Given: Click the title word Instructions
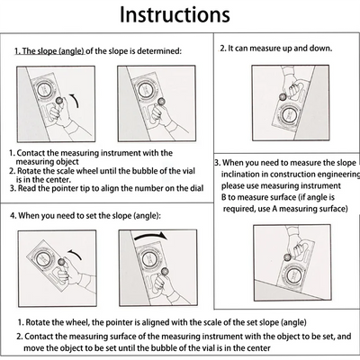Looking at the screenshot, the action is pos(175,14).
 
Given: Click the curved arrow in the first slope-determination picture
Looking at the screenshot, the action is pos(76,100).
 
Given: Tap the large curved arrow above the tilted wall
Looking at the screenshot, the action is pos(151,236).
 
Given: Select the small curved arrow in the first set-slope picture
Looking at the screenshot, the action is pos(76,254).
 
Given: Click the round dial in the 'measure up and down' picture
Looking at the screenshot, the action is pos(289,114).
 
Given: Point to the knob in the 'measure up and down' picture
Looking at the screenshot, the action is pos(283,96).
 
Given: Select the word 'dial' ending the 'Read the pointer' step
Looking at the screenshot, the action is pos(197,188).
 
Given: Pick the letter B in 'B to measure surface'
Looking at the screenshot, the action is pos(224,197).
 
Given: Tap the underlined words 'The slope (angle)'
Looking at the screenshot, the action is pos(49,51).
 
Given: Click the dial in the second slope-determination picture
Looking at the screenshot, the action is pos(147,89).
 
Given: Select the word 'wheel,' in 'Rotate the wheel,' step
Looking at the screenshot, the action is pos(79,322).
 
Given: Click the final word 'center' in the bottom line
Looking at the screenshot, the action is pos(258,348).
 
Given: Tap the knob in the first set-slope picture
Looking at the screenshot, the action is pos(63,263).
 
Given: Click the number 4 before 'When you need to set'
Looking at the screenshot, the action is pos(13,216).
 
